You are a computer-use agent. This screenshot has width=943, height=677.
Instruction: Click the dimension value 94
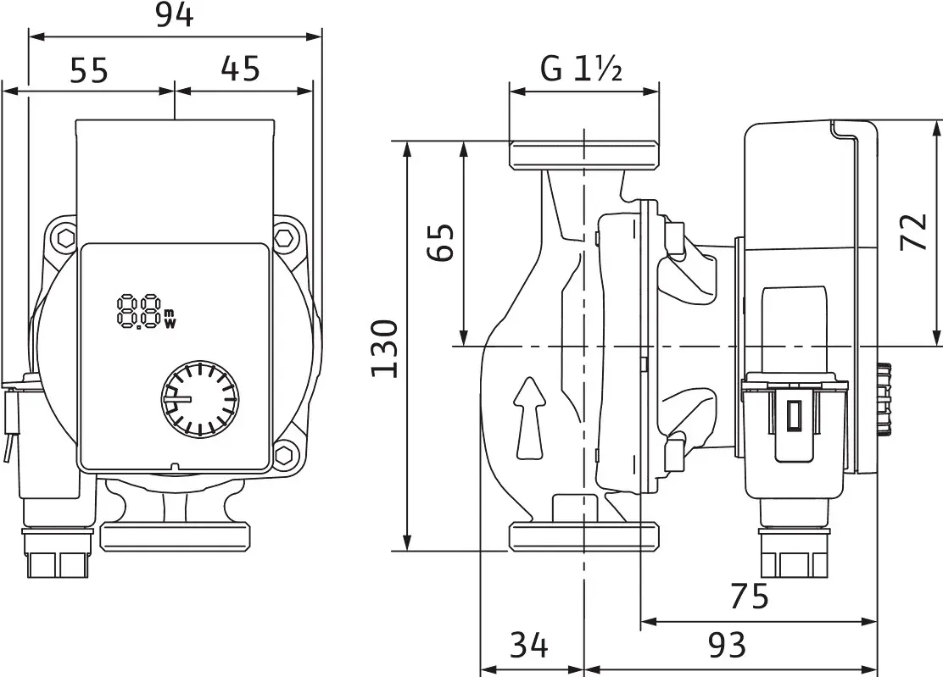pos(175,15)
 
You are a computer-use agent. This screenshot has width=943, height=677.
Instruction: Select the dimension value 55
pos(89,71)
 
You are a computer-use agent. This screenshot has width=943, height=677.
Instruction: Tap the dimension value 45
pos(240,69)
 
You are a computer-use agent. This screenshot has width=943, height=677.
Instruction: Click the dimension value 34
pos(528,646)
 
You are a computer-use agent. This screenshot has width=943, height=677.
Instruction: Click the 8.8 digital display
pos(140,311)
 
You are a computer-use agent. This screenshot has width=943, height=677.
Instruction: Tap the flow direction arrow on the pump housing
pos(529,419)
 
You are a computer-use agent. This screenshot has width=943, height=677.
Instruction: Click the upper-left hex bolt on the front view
pos(63,238)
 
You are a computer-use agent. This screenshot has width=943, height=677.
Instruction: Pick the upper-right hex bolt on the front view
pos(287,238)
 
